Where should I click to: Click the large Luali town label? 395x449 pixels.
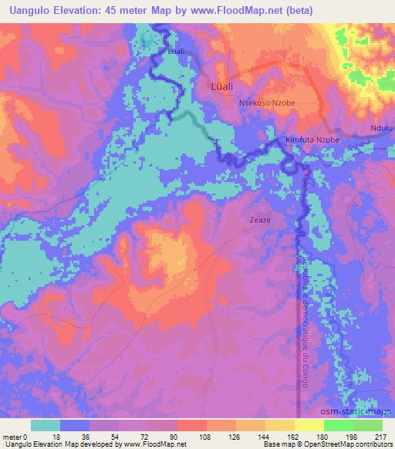(223, 87)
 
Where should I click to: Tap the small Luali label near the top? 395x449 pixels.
(177, 52)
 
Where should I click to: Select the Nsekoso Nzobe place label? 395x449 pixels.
(268, 103)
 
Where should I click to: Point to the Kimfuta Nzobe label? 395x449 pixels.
(312, 140)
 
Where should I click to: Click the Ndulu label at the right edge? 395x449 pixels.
(381, 128)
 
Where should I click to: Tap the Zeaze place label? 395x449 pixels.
(259, 219)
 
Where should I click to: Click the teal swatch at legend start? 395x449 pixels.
(46, 425)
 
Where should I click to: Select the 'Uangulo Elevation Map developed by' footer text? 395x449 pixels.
(54, 444)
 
